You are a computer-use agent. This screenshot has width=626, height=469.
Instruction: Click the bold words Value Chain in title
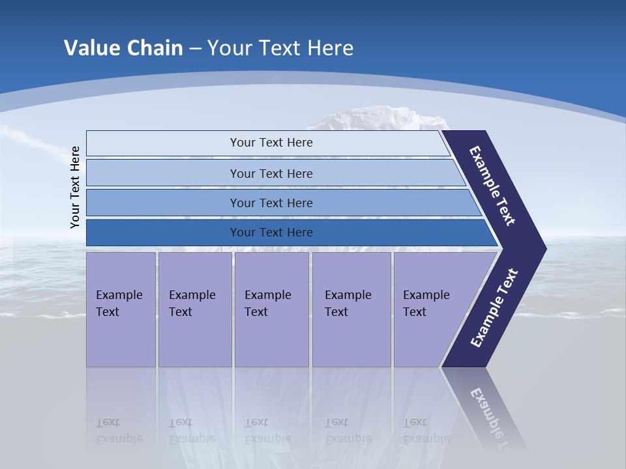(x=123, y=48)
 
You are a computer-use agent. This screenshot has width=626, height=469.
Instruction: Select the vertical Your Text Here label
(x=75, y=187)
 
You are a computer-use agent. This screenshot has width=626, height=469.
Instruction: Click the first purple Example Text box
(x=121, y=309)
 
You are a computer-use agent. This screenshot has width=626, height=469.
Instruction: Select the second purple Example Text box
(x=194, y=309)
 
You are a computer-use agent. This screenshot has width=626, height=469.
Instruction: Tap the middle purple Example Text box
(x=271, y=309)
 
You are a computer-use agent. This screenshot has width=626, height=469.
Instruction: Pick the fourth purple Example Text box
(x=351, y=309)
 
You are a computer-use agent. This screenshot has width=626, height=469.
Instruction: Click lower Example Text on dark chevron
(x=494, y=308)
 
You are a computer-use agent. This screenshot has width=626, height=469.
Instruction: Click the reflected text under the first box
(x=119, y=431)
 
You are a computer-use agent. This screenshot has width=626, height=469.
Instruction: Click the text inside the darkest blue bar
(x=271, y=233)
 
